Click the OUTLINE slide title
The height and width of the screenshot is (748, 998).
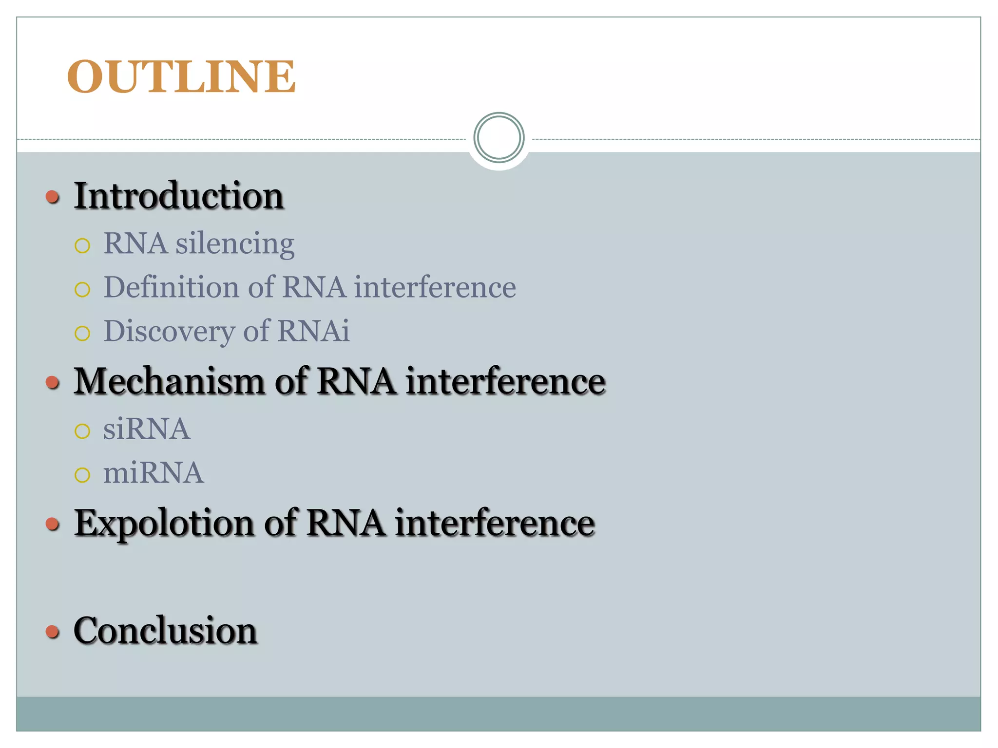pos(181,76)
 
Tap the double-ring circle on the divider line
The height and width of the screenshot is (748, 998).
pos(499,138)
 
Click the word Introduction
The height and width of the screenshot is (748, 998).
pos(178,196)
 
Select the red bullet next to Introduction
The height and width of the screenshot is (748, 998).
pos(53,197)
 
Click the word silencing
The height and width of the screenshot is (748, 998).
pos(235,243)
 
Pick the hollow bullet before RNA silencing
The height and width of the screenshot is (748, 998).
pos(82,245)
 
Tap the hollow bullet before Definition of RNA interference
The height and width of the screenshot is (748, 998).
pos(82,290)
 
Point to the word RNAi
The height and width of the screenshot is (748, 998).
pos(313,331)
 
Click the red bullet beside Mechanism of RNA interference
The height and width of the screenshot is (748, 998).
pos(53,382)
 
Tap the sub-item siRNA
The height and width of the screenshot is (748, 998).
pos(146,429)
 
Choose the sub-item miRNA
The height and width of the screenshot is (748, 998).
pos(153,473)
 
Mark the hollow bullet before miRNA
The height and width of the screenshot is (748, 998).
pos(82,475)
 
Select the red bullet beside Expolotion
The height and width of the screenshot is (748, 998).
pos(53,524)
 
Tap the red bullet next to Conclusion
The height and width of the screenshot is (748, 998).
pos(53,632)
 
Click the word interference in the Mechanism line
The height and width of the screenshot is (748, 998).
pos(505,381)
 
